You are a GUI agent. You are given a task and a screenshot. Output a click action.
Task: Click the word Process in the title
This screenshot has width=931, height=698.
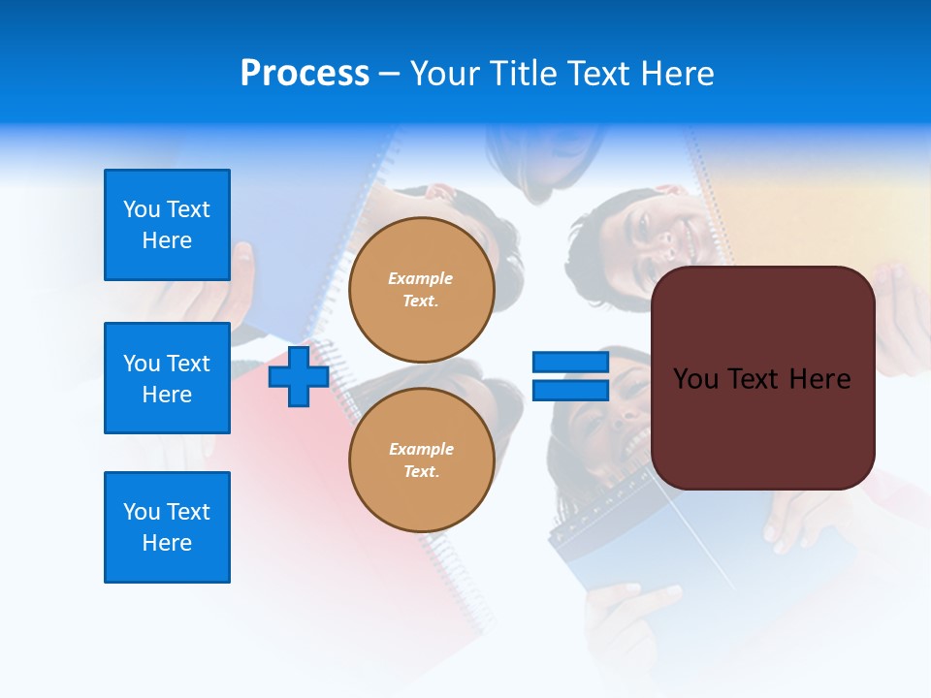305,74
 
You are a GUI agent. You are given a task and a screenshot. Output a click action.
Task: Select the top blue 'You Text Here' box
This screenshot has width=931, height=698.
167,225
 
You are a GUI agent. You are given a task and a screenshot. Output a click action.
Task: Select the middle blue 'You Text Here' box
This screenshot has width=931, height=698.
167,378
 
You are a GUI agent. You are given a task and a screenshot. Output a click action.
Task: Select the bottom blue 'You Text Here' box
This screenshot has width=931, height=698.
167,527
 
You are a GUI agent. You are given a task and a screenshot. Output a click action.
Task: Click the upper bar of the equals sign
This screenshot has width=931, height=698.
570,363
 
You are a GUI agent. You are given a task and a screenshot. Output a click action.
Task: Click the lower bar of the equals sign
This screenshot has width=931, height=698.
570,390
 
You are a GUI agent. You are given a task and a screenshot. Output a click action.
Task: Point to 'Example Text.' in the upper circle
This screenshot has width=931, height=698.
421,289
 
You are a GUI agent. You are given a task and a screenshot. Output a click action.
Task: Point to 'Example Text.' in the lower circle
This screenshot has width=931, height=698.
421,460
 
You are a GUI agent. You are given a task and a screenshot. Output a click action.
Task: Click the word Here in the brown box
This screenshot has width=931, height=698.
820,379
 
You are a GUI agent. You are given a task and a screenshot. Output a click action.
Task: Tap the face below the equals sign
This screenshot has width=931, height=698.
601,417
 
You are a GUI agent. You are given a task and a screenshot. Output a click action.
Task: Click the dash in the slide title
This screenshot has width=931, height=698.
389,74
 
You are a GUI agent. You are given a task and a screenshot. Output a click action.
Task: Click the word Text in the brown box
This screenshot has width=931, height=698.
755,379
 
